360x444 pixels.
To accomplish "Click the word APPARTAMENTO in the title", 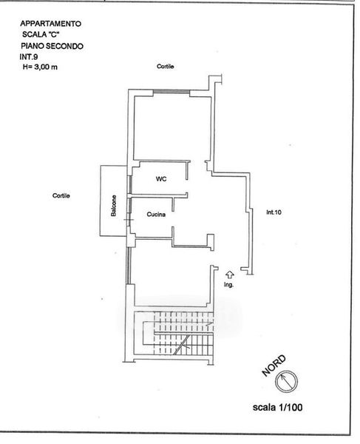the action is (x=50, y=24).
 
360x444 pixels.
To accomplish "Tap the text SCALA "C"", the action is (x=41, y=34).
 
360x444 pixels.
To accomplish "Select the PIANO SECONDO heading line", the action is (x=52, y=46).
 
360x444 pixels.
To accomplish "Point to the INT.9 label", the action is (x=29, y=57).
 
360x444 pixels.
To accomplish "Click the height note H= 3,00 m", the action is (x=40, y=67).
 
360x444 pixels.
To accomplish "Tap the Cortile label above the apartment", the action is (x=166, y=67).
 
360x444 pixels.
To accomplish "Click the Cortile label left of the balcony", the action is (x=61, y=195).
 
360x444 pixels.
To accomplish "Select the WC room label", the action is (x=161, y=179).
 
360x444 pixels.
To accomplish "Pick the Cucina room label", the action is (x=156, y=215).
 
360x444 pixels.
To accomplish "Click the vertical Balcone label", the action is (x=113, y=206).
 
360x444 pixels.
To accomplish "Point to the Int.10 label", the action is (x=274, y=212).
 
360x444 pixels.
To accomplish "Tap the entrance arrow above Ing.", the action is (x=230, y=275).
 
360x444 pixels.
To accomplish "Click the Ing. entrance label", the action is (x=228, y=285).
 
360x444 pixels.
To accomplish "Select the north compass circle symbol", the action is (x=287, y=381).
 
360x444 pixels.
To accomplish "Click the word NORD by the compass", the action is (x=274, y=366).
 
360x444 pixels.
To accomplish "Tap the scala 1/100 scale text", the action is (x=277, y=408).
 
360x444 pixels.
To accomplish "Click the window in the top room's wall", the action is (x=171, y=92).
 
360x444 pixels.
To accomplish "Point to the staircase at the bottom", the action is (x=174, y=333).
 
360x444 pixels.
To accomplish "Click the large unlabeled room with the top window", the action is (x=172, y=128).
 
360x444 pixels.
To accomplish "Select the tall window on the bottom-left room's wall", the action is (x=128, y=266).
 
